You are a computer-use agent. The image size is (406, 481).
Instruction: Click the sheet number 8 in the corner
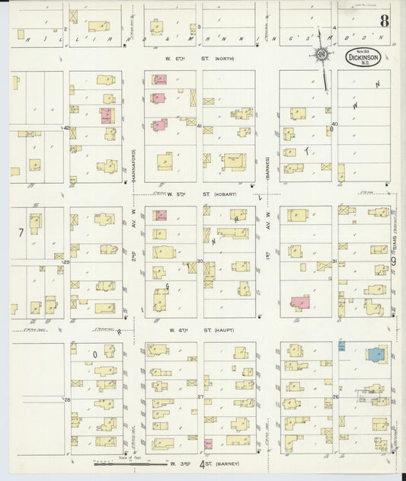[x=385, y=21]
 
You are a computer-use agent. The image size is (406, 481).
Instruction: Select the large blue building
[x=376, y=354]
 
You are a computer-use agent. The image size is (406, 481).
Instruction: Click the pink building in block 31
[x=299, y=303]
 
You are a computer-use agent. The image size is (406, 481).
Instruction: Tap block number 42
[x=67, y=128]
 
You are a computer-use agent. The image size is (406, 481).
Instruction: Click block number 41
[x=200, y=126]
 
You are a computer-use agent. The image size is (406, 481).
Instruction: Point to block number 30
[x=200, y=261]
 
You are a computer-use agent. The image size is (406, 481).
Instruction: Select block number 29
[x=67, y=262]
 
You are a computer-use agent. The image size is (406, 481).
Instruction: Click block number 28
[x=67, y=399]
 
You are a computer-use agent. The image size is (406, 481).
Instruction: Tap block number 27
[x=200, y=397]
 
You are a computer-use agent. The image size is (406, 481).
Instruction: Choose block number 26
[x=335, y=397]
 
